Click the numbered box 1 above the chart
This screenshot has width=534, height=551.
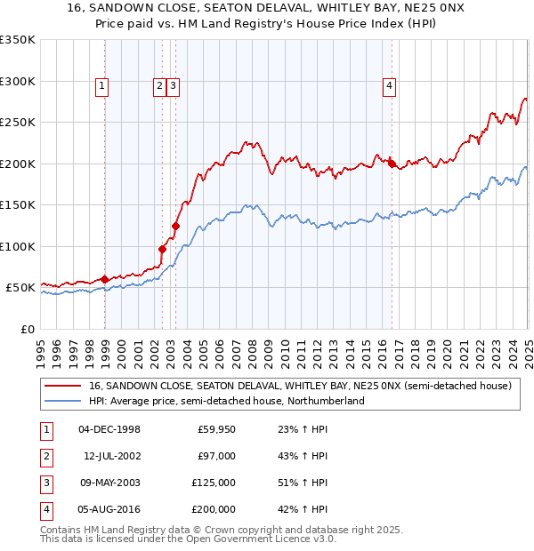102,86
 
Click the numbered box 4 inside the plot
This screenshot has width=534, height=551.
389,86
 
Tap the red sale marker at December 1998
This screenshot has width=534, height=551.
105,279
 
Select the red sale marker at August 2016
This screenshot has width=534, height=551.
392,163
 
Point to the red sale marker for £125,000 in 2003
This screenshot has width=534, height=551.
175,226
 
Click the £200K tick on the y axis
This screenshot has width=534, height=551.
18,164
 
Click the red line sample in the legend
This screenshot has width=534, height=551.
62,387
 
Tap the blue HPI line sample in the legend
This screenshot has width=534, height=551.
62,402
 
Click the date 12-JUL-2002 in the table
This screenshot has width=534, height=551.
111,456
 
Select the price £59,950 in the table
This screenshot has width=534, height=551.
215,429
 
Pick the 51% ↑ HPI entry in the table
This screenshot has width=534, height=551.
303,483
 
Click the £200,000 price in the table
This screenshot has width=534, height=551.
213,509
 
